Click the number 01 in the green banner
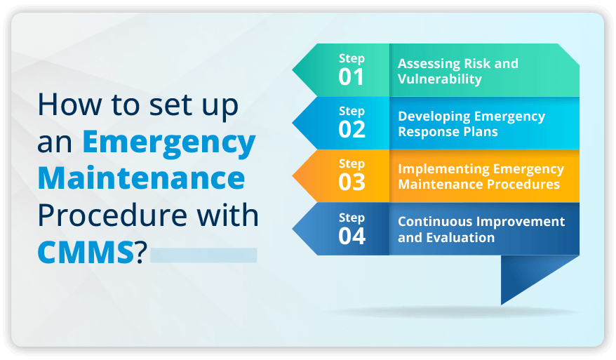click(x=351, y=77)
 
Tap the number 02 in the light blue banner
click(x=352, y=130)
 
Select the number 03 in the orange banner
click(x=352, y=182)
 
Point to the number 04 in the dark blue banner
click(x=352, y=236)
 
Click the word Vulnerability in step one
click(x=440, y=79)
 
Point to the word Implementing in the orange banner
click(x=443, y=169)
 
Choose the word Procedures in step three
click(x=523, y=184)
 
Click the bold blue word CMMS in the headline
click(x=86, y=252)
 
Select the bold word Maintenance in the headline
click(x=142, y=178)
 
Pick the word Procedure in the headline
click(x=112, y=215)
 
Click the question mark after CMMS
click(x=141, y=252)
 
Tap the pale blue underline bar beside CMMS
click(x=203, y=255)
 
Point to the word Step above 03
click(x=352, y=164)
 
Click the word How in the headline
click(x=69, y=105)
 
